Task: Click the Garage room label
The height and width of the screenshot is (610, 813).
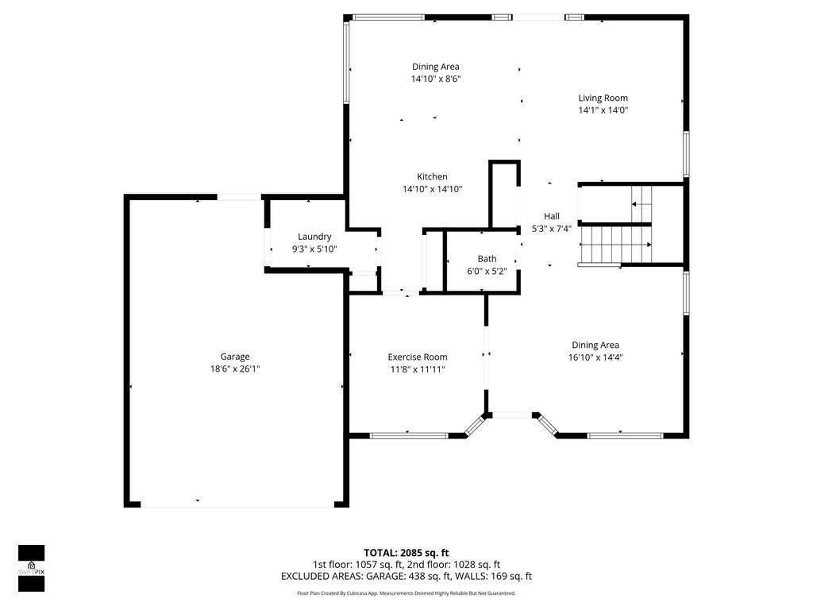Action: point(235,357)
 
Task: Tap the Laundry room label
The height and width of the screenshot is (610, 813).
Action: point(314,237)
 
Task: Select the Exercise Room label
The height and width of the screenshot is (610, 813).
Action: point(417,357)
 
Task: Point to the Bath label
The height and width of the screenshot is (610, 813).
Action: point(487,259)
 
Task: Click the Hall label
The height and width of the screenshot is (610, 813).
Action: point(551,216)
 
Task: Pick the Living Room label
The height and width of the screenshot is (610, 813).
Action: point(603,98)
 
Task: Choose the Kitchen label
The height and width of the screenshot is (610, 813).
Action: point(432,176)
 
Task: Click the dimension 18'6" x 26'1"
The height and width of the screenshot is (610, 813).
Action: point(235,369)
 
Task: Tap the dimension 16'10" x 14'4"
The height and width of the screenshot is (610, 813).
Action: point(595,357)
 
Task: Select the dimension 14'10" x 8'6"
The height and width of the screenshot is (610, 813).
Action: point(436,79)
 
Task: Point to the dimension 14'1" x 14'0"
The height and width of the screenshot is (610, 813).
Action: point(603,110)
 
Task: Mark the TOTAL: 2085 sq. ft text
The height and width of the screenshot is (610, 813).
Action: point(406,553)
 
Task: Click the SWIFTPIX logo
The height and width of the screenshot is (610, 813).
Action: point(31,568)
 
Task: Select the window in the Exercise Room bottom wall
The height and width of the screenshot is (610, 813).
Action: point(408,435)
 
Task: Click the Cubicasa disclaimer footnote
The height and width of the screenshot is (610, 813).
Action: point(406,593)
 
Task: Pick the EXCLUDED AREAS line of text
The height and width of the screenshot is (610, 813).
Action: point(406,577)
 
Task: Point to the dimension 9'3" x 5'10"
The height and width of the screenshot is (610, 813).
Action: point(314,249)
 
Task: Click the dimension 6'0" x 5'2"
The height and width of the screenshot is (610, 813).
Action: point(487,271)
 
